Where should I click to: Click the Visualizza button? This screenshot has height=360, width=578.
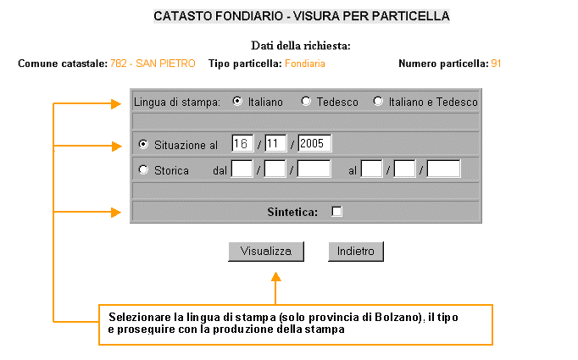pyautogui.click(x=266, y=252)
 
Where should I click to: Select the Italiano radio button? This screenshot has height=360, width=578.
pyautogui.click(x=237, y=101)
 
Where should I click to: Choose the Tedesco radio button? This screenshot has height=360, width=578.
pyautogui.click(x=306, y=101)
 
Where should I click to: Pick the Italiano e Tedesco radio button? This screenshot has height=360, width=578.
pyautogui.click(x=378, y=101)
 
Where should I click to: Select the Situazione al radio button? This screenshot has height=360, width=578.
pyautogui.click(x=143, y=144)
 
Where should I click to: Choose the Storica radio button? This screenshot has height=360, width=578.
pyautogui.click(x=143, y=169)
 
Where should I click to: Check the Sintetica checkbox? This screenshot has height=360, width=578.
pyautogui.click(x=336, y=212)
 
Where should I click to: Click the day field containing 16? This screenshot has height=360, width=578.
pyautogui.click(x=242, y=143)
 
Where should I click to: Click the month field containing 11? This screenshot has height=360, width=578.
pyautogui.click(x=275, y=143)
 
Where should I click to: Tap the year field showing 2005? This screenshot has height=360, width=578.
pyautogui.click(x=314, y=143)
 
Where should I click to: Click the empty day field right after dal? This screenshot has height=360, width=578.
pyautogui.click(x=242, y=169)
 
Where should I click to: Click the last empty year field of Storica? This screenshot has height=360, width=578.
pyautogui.click(x=443, y=169)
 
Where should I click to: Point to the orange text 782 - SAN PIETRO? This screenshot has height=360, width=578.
pyautogui.click(x=153, y=64)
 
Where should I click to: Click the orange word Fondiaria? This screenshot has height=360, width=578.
pyautogui.click(x=305, y=64)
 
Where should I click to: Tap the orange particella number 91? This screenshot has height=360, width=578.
pyautogui.click(x=496, y=64)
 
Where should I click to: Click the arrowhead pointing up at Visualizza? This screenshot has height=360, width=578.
pyautogui.click(x=275, y=277)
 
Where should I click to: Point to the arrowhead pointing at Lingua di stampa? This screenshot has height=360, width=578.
pyautogui.click(x=116, y=104)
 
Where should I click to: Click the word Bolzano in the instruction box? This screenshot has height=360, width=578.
pyautogui.click(x=397, y=318)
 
